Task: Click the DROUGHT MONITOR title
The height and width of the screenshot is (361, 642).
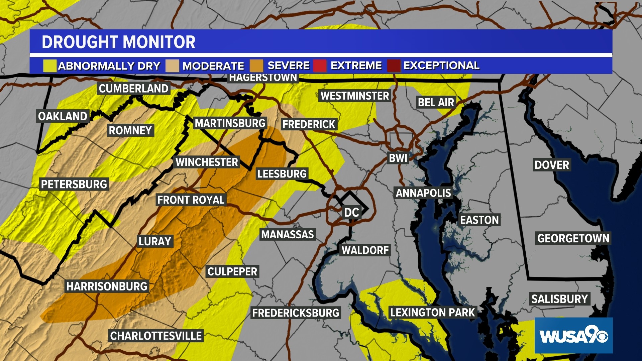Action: tap(118, 42)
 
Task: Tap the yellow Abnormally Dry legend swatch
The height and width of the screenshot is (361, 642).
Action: tap(49, 66)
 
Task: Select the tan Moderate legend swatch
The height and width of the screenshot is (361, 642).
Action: tap(172, 66)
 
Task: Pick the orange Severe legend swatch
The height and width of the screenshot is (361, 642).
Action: tap(256, 66)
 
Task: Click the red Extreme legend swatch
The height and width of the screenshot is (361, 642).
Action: tap(320, 66)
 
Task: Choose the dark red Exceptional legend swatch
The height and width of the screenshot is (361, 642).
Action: tap(394, 66)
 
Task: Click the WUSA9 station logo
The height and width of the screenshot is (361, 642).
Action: tap(573, 335)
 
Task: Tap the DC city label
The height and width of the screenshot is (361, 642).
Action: tap(351, 213)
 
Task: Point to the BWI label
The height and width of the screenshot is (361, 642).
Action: tap(398, 158)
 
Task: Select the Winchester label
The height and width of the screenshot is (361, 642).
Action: tap(207, 162)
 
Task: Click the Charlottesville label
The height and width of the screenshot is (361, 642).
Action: tap(156, 336)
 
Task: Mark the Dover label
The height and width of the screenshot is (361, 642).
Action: tap(552, 165)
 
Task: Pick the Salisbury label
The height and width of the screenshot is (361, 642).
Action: tap(559, 299)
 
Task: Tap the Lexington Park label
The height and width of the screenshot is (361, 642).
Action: tap(432, 313)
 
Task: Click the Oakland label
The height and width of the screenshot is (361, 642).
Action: tap(63, 116)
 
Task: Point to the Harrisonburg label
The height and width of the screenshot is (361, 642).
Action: tap(107, 286)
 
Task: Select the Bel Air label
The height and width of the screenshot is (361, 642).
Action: tap(436, 102)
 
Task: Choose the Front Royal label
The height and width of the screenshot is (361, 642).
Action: tap(191, 200)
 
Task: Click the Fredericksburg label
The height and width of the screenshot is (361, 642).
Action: tap(296, 313)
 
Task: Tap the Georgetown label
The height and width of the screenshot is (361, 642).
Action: tap(573, 238)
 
